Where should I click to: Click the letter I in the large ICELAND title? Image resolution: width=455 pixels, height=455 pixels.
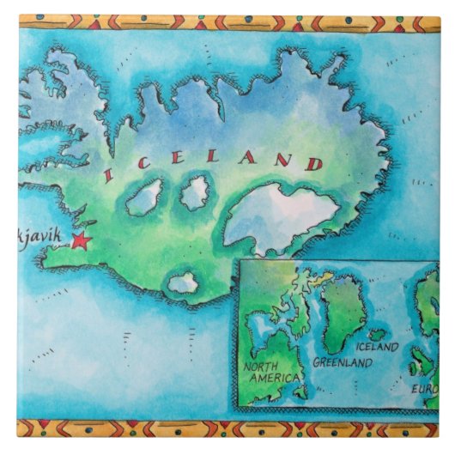coord(109,176)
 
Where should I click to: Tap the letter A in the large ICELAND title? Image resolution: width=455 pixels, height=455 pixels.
coord(250,159)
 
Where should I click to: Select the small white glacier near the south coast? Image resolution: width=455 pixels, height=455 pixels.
coord(183,282)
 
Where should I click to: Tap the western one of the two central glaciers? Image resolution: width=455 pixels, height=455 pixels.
coord(145,198)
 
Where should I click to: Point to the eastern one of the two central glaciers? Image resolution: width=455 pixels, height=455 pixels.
coord(195,193)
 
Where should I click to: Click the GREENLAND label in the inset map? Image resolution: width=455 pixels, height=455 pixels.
coord(342,362)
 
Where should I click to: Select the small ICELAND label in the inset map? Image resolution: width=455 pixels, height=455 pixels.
coord(377,348)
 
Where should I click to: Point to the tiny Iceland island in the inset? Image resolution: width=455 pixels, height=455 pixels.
coord(376,335)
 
